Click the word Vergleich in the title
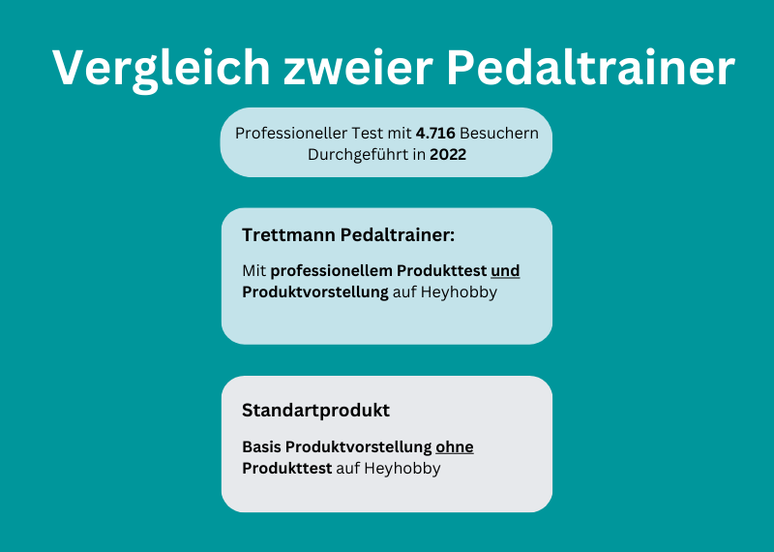161,69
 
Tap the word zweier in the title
358,69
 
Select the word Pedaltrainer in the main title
591,68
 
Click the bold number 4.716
435,134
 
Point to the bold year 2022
448,155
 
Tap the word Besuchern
499,134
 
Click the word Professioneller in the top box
291,134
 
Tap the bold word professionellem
331,271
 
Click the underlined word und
505,271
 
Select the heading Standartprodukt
316,411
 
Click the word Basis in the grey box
261,447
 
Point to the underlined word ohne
455,447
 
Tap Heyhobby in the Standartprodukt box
402,469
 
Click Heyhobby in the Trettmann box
459,292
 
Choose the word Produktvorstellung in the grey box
358,447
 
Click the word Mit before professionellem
254,271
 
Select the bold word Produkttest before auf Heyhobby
286,469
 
